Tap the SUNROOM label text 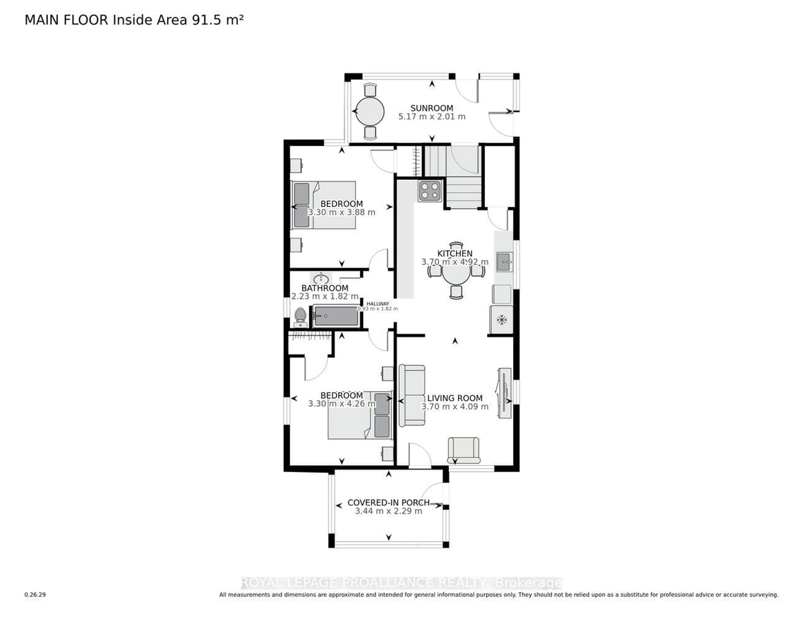432,108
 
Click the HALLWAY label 378,304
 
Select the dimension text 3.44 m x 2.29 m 389,511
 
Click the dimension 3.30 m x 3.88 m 341,212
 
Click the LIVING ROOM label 455,398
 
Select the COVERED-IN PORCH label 389,503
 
